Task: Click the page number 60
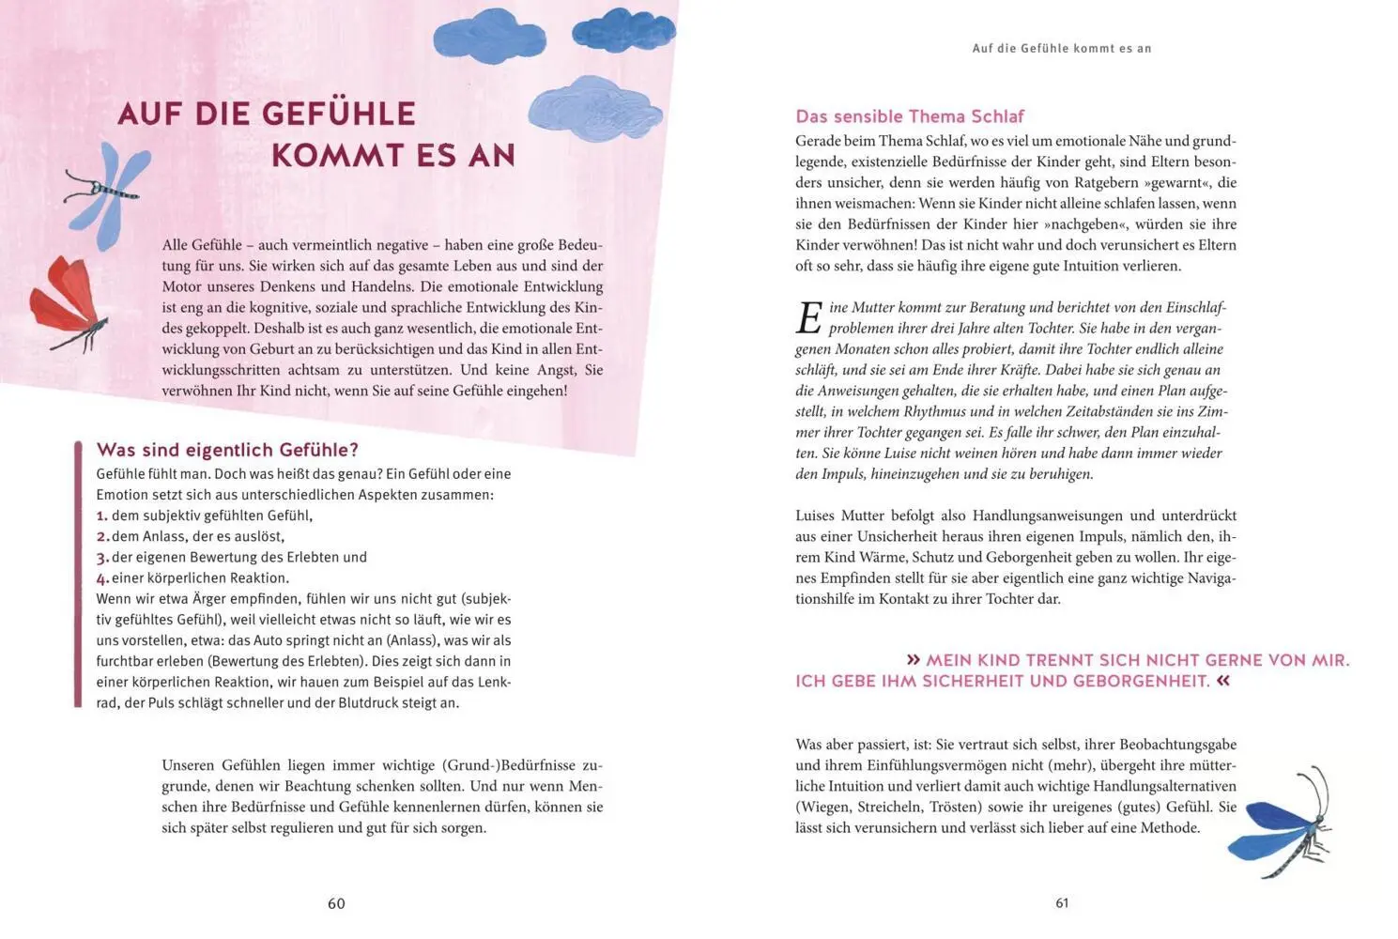pos(336,903)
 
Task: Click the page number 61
pos(1062,902)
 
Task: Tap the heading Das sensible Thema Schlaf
pos(909,116)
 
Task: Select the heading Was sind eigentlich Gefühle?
pos(227,450)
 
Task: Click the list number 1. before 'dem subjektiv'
pos(102,516)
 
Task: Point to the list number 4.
pos(102,578)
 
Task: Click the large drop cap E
pos(808,318)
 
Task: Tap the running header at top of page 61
pos(1061,48)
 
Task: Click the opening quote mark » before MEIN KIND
pos(914,660)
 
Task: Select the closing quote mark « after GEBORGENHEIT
pos(1222,681)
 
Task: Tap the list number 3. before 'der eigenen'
pos(102,558)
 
